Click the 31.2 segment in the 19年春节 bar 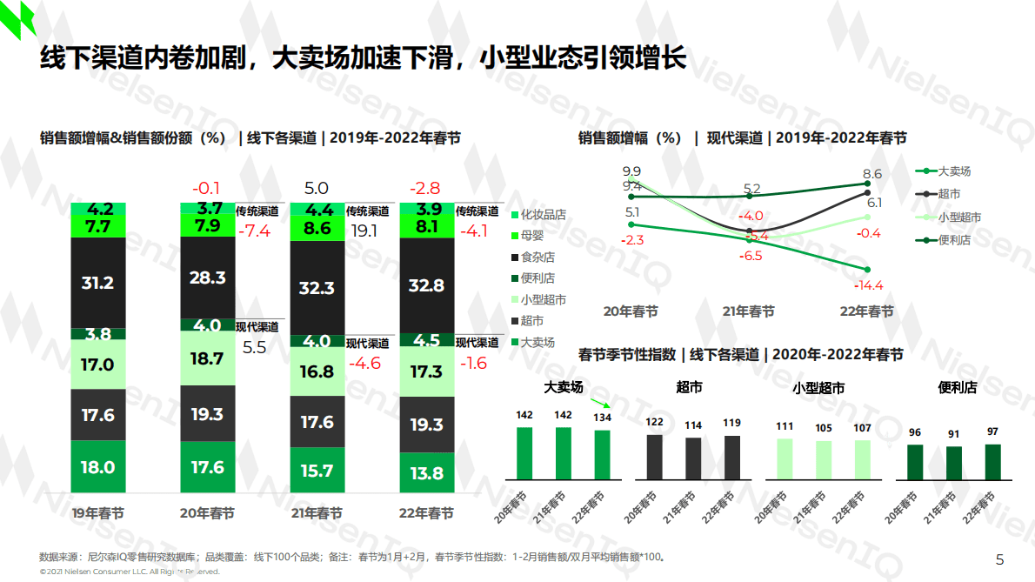[x=97, y=283]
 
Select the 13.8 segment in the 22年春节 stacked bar [x=426, y=472]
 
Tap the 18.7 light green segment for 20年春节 [x=207, y=358]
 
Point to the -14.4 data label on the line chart [x=868, y=285]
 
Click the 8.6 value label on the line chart [x=872, y=174]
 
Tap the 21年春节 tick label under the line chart [x=749, y=311]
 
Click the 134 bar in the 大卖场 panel [x=602, y=454]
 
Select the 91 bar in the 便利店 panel [x=954, y=463]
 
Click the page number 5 [x=999, y=559]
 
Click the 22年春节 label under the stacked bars [x=426, y=513]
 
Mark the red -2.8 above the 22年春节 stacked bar [x=426, y=188]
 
